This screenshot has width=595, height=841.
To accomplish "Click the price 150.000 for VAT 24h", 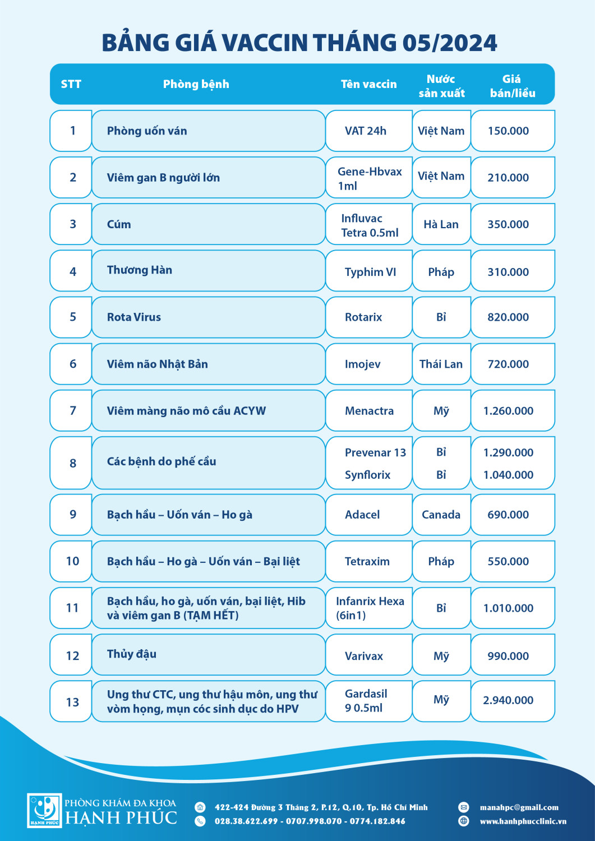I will [508, 131].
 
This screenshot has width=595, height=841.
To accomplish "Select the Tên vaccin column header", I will [368, 85].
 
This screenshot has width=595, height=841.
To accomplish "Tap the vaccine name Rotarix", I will [363, 317].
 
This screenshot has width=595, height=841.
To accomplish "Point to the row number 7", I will [73, 411].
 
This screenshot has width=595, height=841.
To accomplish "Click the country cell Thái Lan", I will [441, 364].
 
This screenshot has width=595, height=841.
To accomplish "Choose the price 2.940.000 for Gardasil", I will [508, 700].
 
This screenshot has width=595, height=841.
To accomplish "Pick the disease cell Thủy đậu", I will [132, 654].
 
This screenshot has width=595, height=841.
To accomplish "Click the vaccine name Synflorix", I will [367, 475].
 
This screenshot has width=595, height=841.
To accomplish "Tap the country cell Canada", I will [441, 515].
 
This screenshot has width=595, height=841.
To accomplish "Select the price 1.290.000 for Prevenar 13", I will [508, 453].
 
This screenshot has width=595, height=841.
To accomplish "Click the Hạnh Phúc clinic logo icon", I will [44, 810].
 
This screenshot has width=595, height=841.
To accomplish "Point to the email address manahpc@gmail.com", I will [519, 808].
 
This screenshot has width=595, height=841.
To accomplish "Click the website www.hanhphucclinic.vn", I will [523, 821].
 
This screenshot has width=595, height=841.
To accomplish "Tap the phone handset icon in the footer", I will [200, 821].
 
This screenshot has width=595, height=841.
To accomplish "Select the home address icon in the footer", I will [200, 807].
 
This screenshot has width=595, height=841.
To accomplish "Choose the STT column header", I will [71, 85].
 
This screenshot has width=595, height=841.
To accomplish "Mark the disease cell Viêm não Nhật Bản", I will [158, 364].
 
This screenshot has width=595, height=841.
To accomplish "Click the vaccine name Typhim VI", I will [370, 272].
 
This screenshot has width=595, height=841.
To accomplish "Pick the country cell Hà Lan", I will [441, 225].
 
